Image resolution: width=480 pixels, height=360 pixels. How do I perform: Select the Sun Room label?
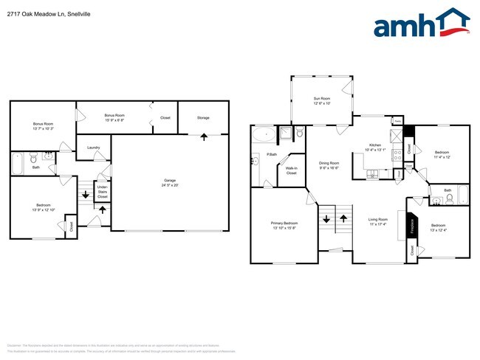[x=320, y=100]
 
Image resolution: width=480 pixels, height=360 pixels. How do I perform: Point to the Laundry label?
[x=94, y=148]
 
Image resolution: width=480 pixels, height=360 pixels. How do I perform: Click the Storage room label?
[x=203, y=118]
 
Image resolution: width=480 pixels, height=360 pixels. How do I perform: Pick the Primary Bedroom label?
[x=284, y=224]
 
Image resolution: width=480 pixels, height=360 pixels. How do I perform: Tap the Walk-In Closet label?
[x=292, y=170]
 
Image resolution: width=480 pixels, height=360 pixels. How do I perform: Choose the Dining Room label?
[x=329, y=165]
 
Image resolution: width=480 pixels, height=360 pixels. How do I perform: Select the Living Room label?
[x=378, y=221]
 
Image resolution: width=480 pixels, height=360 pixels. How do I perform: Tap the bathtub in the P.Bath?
[x=261, y=135]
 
